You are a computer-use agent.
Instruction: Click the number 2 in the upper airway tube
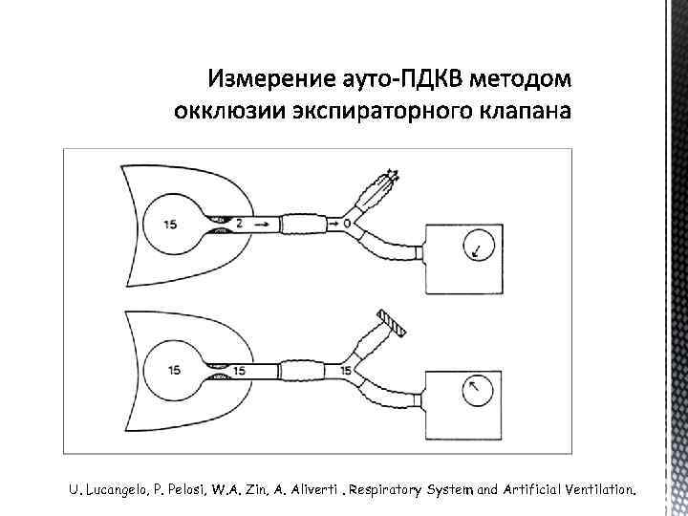coord(239,222)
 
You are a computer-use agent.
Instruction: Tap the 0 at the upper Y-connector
coord(347,222)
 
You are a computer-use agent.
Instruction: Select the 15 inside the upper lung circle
coord(170,226)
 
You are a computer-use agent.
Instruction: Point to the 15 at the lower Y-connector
coord(347,369)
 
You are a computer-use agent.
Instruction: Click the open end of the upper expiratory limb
coord(389,177)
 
